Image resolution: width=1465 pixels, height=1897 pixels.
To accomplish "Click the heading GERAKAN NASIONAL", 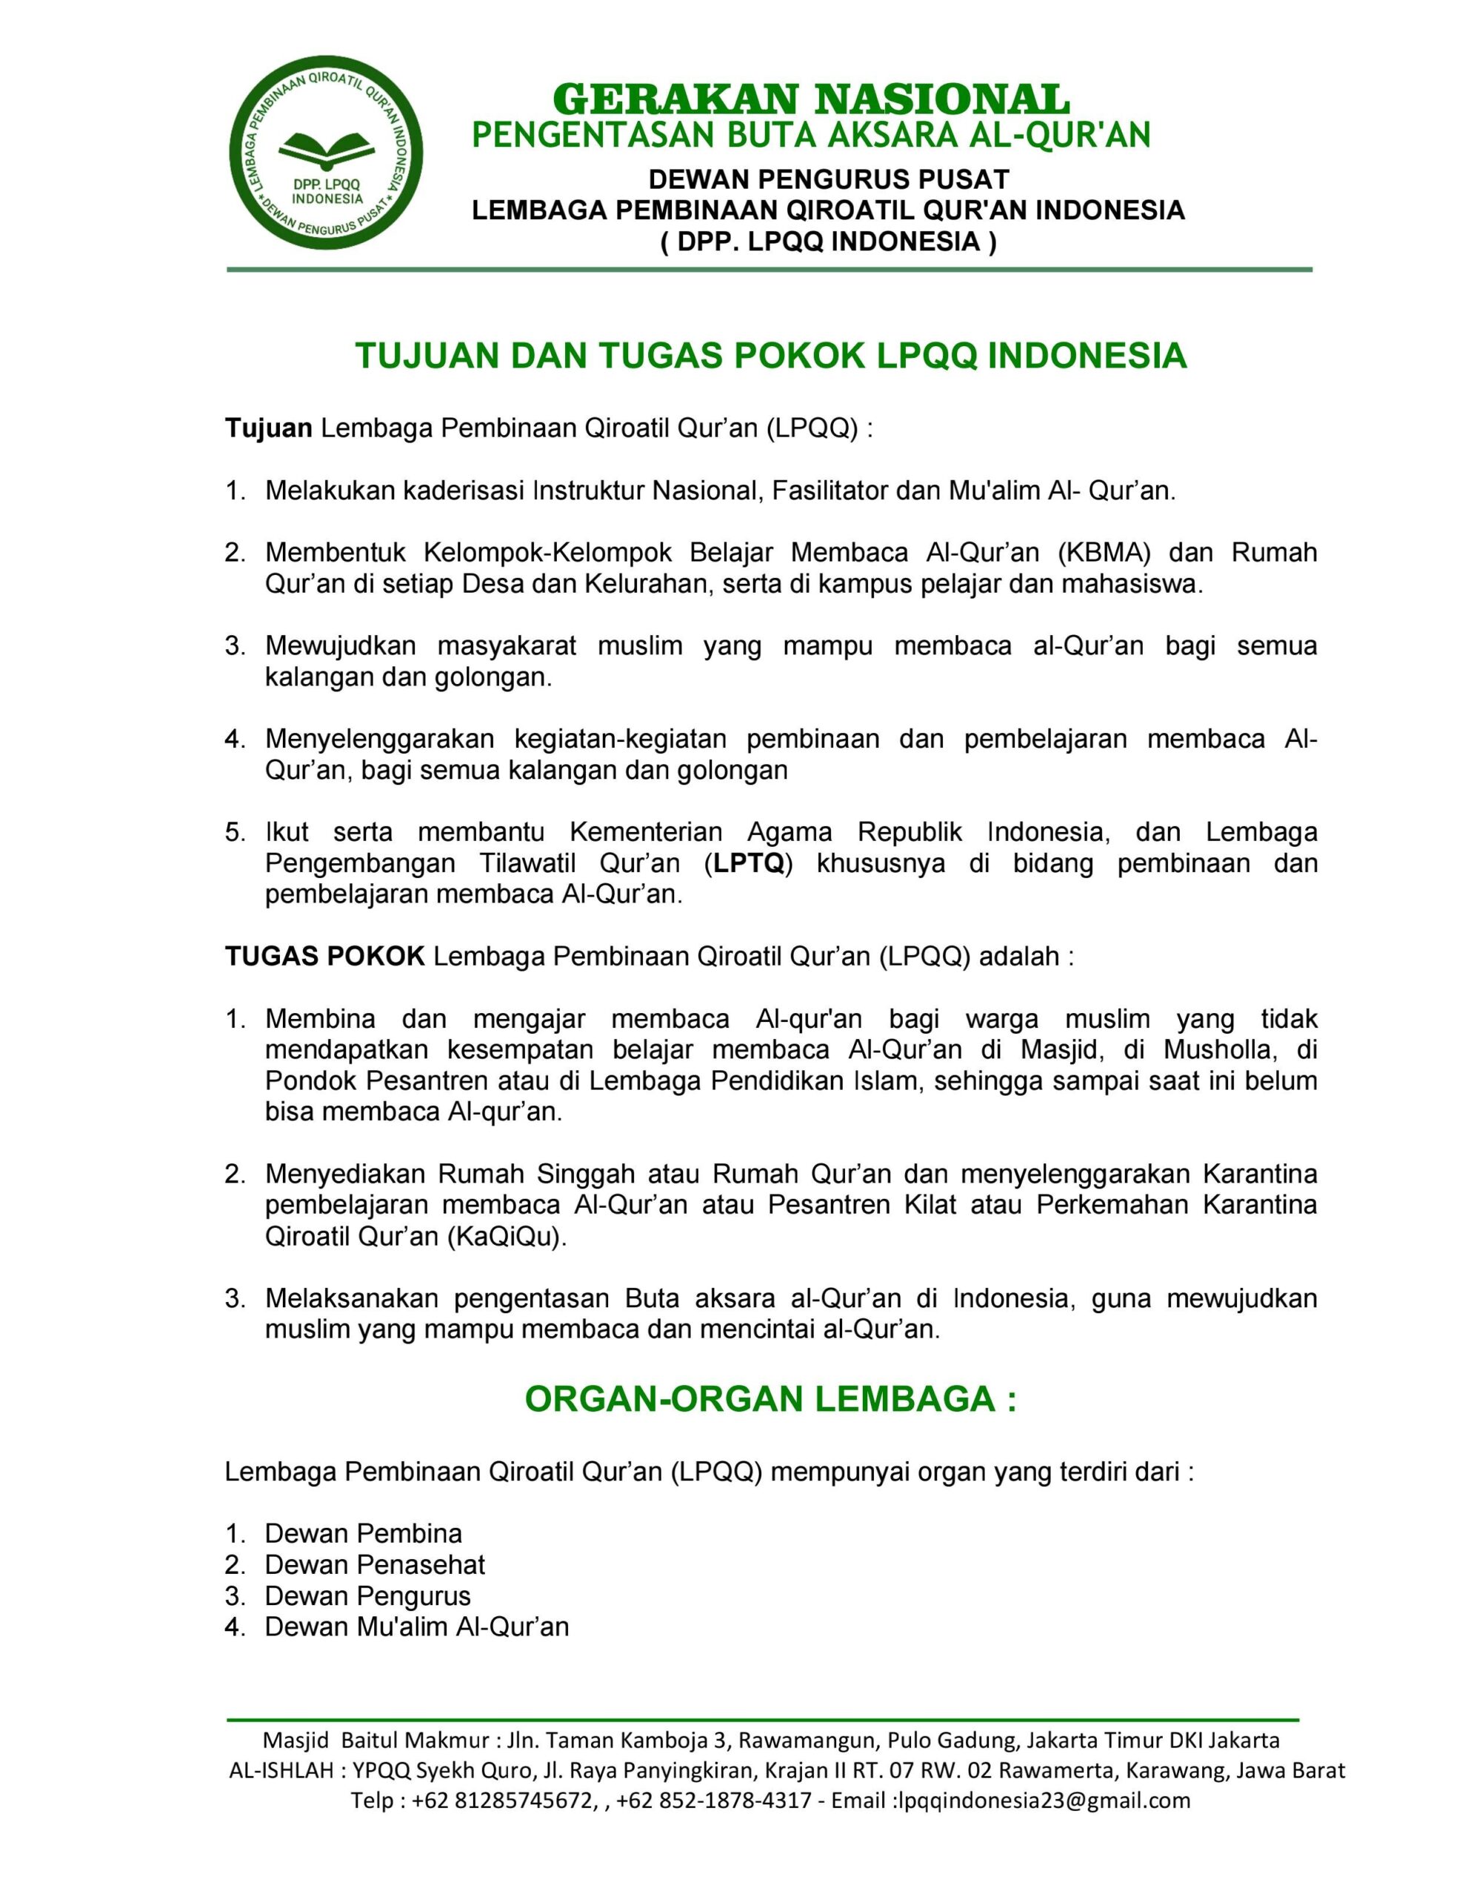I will pyautogui.click(x=810, y=99).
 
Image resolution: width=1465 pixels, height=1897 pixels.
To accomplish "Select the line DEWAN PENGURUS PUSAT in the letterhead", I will pyautogui.click(x=829, y=180).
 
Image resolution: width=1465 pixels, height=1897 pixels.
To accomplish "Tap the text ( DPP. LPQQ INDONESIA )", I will pyautogui.click(x=829, y=242).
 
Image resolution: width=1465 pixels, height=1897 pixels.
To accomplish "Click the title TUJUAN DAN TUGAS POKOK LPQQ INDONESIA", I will pyautogui.click(x=770, y=356).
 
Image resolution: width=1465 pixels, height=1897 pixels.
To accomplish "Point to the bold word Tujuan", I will pyautogui.click(x=268, y=428).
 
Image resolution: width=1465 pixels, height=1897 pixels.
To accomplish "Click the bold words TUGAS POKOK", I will pyautogui.click(x=325, y=957).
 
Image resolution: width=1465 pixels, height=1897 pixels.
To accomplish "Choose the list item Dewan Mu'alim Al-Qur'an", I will pyautogui.click(x=417, y=1628).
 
